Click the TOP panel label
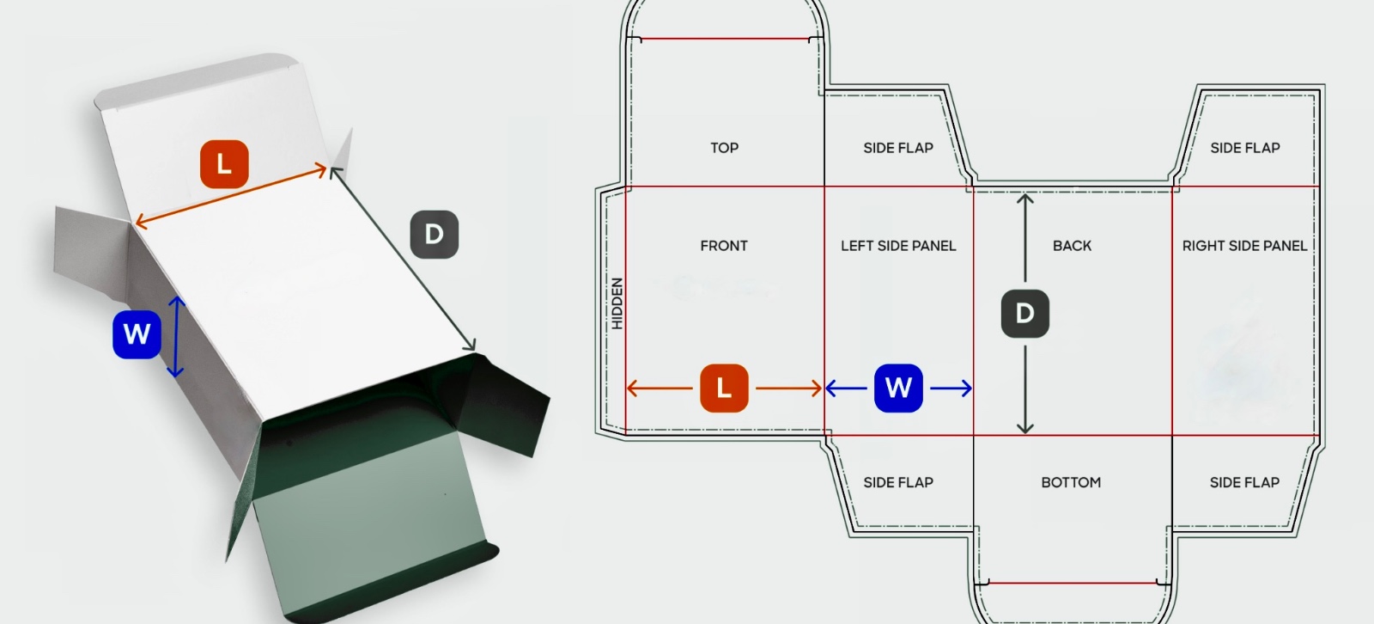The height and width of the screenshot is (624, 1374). tap(724, 148)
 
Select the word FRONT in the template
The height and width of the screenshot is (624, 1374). tap(724, 246)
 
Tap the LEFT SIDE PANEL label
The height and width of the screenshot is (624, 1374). tap(898, 246)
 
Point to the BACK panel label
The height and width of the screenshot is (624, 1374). tap(1072, 246)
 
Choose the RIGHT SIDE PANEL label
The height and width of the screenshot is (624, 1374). tap(1244, 246)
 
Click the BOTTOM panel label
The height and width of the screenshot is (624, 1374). tap(1071, 482)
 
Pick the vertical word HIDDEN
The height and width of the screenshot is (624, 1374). tap(617, 303)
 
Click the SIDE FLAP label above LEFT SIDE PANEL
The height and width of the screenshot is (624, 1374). tap(898, 148)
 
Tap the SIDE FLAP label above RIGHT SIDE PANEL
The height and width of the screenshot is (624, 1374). tap(1244, 148)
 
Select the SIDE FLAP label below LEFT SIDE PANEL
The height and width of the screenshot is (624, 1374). tap(898, 482)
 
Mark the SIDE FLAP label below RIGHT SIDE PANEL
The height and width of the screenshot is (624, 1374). tap(1244, 482)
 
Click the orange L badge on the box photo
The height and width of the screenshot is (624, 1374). tap(224, 163)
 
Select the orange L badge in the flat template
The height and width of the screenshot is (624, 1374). tap(724, 388)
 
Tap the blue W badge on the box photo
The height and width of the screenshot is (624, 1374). tap(137, 333)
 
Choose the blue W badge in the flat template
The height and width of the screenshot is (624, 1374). tap(898, 388)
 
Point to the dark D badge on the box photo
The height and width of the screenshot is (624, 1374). tap(434, 234)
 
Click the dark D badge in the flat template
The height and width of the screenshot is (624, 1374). tap(1024, 313)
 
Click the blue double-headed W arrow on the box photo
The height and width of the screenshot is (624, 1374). tap(176, 336)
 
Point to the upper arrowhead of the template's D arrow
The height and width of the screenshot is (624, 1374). tap(1025, 199)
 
